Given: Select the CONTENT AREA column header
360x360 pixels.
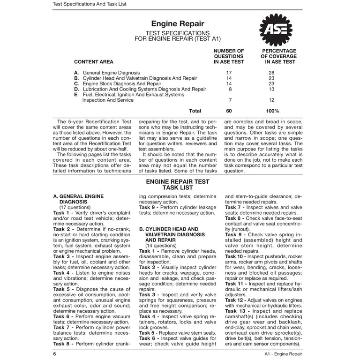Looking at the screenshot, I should [94, 61].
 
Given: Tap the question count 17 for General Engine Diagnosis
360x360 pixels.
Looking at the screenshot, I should [229, 73].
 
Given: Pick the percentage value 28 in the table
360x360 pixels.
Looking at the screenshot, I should [271, 73].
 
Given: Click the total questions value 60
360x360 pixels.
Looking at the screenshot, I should [229, 111].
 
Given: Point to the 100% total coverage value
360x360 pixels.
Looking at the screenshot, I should [272, 111].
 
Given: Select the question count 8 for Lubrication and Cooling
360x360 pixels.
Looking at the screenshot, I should [230, 89].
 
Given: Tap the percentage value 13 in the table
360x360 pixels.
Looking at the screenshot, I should [271, 89].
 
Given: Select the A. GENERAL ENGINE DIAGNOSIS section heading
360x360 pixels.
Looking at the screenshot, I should [80, 199].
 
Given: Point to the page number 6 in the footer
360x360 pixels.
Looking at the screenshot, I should [55, 354].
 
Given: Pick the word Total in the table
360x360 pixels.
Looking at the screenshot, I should [195, 111].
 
